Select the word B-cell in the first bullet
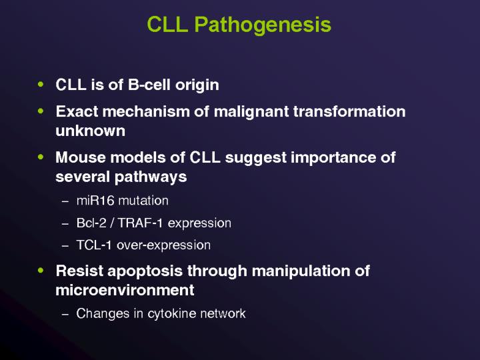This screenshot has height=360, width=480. click(151, 85)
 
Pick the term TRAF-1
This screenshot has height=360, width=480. click(136, 223)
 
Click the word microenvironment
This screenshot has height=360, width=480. click(125, 291)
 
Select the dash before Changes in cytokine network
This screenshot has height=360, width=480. click(65, 313)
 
